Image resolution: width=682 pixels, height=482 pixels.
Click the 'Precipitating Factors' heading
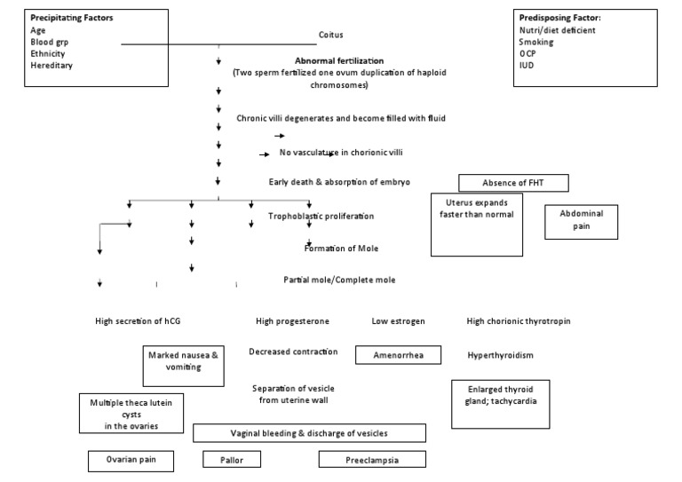click(x=71, y=17)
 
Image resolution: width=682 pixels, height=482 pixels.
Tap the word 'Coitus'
click(x=330, y=35)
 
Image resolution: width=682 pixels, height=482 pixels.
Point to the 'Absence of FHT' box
click(x=512, y=184)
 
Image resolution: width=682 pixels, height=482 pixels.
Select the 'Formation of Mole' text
click(x=341, y=248)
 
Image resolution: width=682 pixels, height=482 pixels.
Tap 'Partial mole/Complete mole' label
click(x=339, y=280)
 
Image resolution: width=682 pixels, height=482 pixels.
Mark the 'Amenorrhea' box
click(x=399, y=355)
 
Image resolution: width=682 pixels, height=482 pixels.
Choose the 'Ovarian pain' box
click(x=129, y=460)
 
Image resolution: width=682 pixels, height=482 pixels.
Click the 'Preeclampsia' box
click(x=371, y=460)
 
